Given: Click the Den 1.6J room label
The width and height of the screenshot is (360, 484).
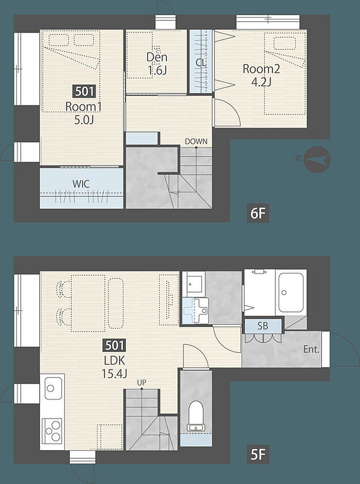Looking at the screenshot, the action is pyautogui.click(x=157, y=63).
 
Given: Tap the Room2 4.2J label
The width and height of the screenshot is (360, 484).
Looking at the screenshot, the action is pyautogui.click(x=261, y=75).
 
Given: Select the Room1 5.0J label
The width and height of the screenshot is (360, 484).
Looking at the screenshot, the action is pyautogui.click(x=83, y=113).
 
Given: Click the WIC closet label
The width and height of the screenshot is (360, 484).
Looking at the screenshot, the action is pyautogui.click(x=81, y=184).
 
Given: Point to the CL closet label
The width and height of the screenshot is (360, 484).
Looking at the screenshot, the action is pyautogui.click(x=201, y=62).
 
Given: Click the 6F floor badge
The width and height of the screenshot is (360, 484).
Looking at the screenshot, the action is pyautogui.click(x=258, y=213).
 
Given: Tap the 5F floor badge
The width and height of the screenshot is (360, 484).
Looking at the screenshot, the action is pyautogui.click(x=258, y=454).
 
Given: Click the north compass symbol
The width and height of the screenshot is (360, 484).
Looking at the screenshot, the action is pyautogui.click(x=317, y=160).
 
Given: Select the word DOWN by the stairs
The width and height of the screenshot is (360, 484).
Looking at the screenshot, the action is pyautogui.click(x=196, y=142).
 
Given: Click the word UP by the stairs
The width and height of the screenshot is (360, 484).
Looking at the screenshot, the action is pyautogui.click(x=141, y=382).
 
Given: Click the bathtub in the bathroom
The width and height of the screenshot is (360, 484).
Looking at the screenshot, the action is pyautogui.click(x=291, y=292).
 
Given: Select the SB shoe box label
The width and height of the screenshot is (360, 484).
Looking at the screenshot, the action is pyautogui.click(x=263, y=326).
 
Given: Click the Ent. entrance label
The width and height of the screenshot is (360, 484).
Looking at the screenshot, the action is pyautogui.click(x=311, y=349).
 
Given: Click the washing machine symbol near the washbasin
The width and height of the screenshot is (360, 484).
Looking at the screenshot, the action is pyautogui.click(x=196, y=310).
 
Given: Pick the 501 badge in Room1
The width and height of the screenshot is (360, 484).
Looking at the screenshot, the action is pyautogui.click(x=84, y=91).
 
